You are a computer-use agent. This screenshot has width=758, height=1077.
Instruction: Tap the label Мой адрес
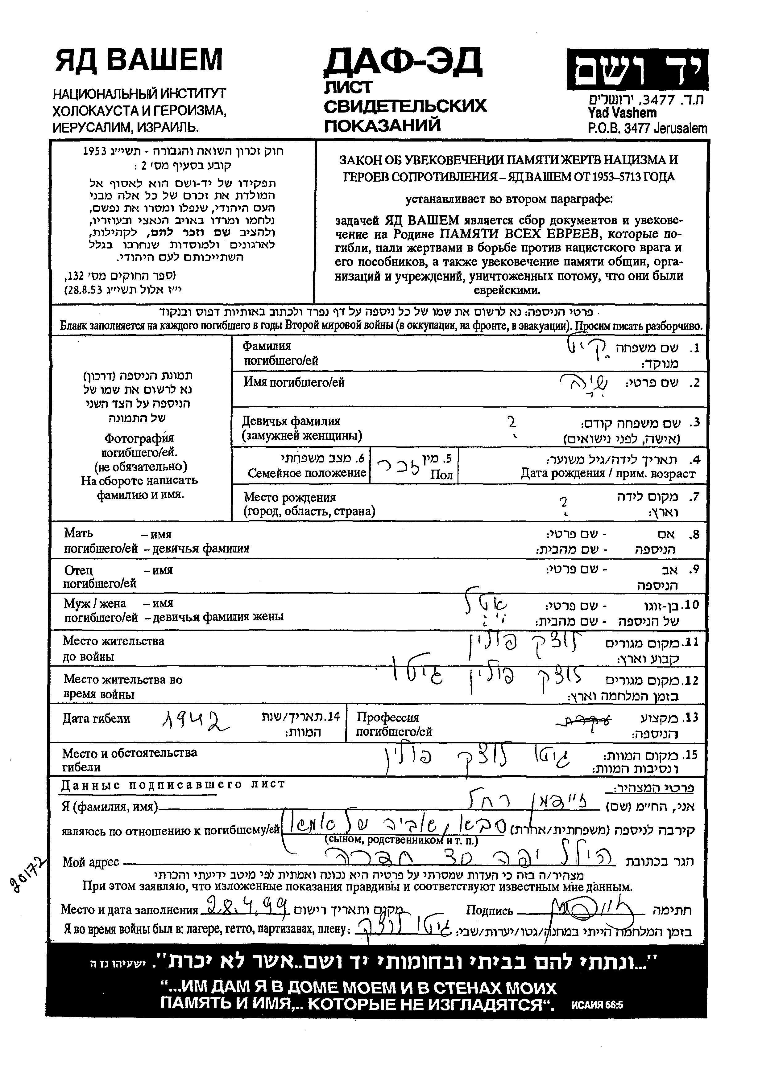pos(91,862)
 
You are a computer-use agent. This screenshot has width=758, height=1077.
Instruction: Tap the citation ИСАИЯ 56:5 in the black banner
pos(597,1005)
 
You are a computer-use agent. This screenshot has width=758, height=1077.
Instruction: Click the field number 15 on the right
pos(691,755)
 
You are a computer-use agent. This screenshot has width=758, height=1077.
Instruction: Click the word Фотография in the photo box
pos(139,438)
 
